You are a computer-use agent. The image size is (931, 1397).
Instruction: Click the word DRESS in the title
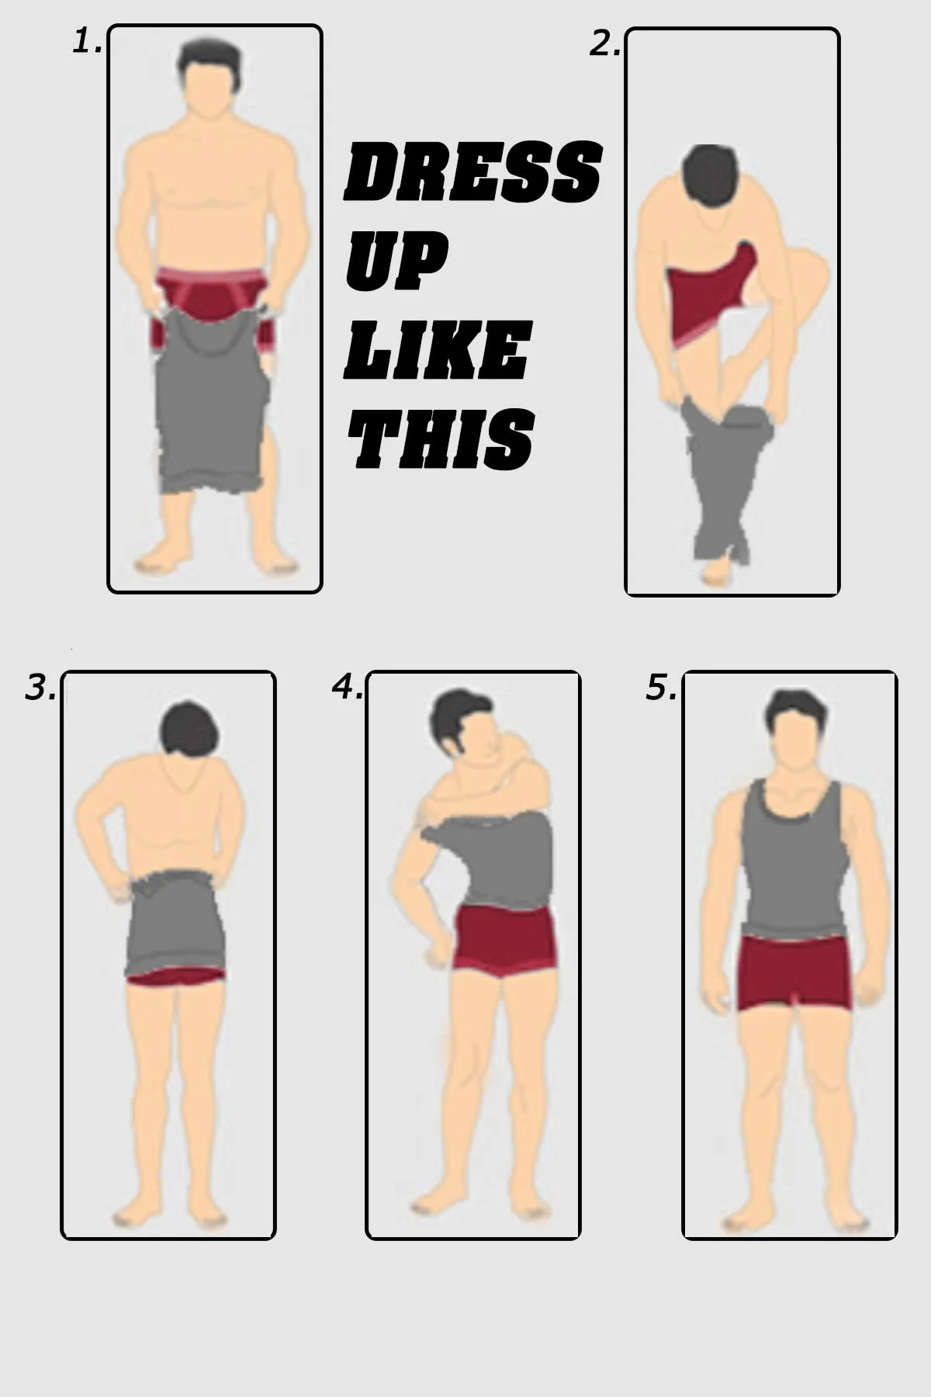point(472,172)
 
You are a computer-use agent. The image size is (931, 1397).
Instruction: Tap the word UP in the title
point(396,260)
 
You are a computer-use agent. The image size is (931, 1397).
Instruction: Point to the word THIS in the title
point(441,439)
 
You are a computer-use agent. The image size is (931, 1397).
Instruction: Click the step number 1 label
point(87,42)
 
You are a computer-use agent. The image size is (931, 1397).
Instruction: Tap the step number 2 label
point(604,45)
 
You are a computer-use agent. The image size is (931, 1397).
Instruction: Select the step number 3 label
point(40,688)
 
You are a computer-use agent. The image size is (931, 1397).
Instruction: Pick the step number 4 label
point(347,686)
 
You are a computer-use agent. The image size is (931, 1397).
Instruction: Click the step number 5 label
point(661,688)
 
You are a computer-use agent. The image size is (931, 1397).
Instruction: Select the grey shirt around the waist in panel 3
point(176,924)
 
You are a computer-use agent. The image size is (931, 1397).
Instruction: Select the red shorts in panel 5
point(791,970)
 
